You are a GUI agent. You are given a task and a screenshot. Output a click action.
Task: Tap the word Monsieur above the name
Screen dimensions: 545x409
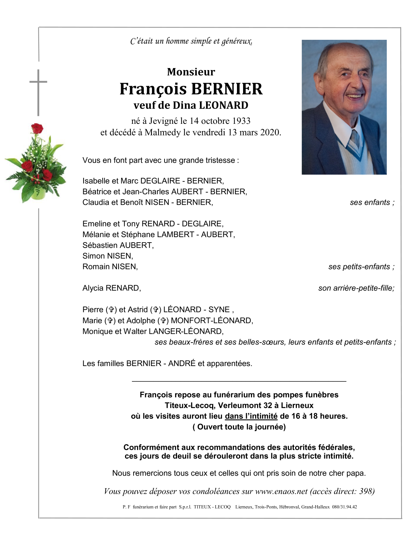[191, 72]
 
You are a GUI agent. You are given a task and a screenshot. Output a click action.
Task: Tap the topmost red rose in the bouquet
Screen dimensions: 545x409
[37, 129]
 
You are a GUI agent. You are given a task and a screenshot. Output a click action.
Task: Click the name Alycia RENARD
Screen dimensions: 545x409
[112, 288]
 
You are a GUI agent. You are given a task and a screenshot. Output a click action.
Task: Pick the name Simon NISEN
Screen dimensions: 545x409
[107, 256]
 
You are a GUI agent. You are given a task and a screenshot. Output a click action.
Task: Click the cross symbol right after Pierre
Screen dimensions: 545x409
[111, 310]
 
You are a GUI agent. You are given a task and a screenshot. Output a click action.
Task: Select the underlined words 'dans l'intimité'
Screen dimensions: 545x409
[251, 416]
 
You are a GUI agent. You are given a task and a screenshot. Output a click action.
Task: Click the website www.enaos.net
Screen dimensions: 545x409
[281, 491]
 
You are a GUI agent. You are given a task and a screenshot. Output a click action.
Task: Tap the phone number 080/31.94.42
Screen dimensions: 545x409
[344, 507]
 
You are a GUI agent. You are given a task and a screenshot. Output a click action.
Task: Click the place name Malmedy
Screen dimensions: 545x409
[162, 132]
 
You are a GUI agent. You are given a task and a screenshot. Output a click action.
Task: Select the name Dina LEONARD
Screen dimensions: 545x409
[210, 105]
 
